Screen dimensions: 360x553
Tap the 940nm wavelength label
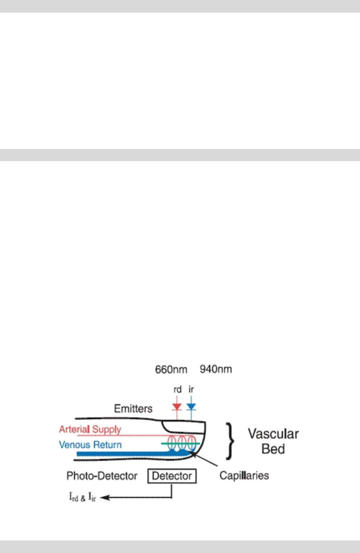coord(216,370)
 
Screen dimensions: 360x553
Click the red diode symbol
coord(176,406)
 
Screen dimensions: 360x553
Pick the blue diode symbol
coord(191,406)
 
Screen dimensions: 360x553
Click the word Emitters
coord(133,408)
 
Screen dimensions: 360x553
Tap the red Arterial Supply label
coord(90,430)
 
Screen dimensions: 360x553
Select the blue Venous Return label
coord(91,444)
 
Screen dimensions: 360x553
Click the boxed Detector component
coord(172,476)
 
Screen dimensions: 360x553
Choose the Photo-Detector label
coord(102,476)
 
